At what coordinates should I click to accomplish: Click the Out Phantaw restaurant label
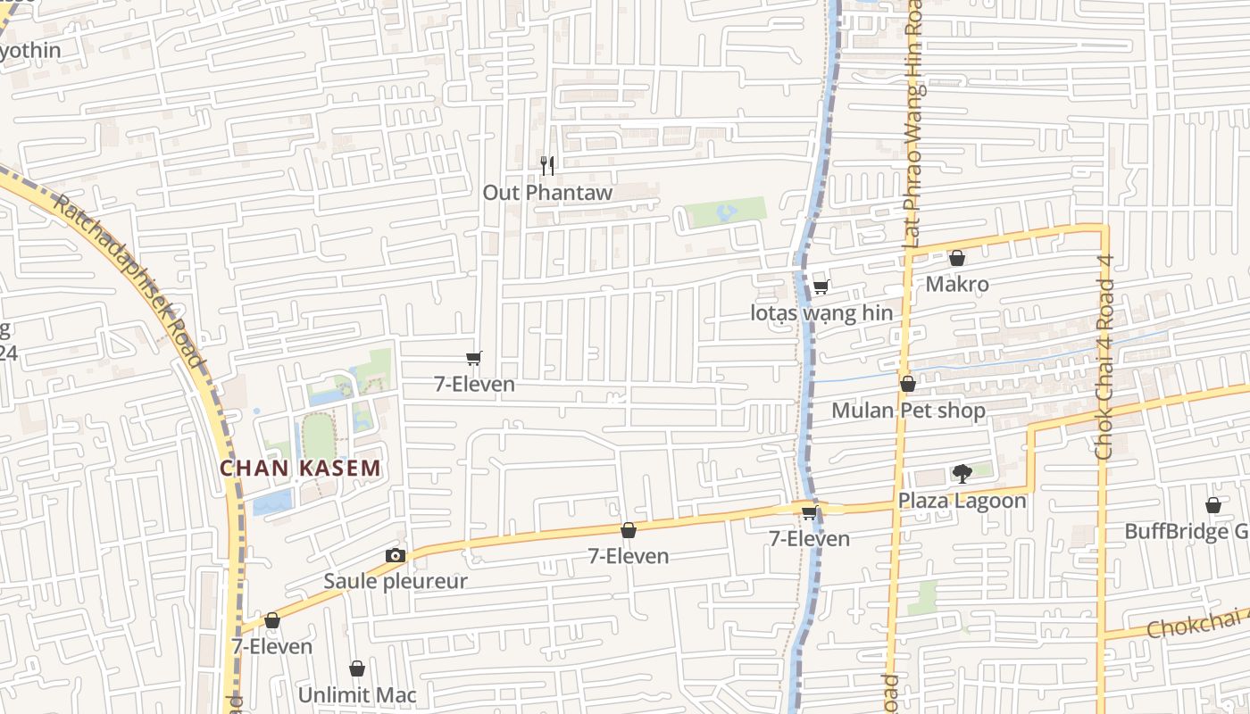(547, 193)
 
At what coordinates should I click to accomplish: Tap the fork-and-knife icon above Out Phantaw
(547, 165)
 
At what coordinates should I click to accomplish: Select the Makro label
(957, 285)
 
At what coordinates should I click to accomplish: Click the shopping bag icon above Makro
(957, 258)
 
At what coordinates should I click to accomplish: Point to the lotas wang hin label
(821, 313)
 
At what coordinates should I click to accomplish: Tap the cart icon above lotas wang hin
(821, 286)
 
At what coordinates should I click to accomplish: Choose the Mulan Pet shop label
(908, 411)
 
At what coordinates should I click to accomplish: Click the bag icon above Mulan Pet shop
(908, 384)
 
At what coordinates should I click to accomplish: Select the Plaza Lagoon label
(962, 501)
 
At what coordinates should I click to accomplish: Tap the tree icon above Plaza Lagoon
(962, 474)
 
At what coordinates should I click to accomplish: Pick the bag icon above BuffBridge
(1213, 505)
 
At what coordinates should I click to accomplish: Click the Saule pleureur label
(396, 582)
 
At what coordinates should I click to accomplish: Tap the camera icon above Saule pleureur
(396, 555)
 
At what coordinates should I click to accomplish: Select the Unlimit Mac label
(357, 695)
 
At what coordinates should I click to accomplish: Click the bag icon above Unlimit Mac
(357, 668)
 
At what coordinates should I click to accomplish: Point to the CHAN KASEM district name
(301, 468)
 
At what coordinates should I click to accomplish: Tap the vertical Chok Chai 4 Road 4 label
(1104, 357)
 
